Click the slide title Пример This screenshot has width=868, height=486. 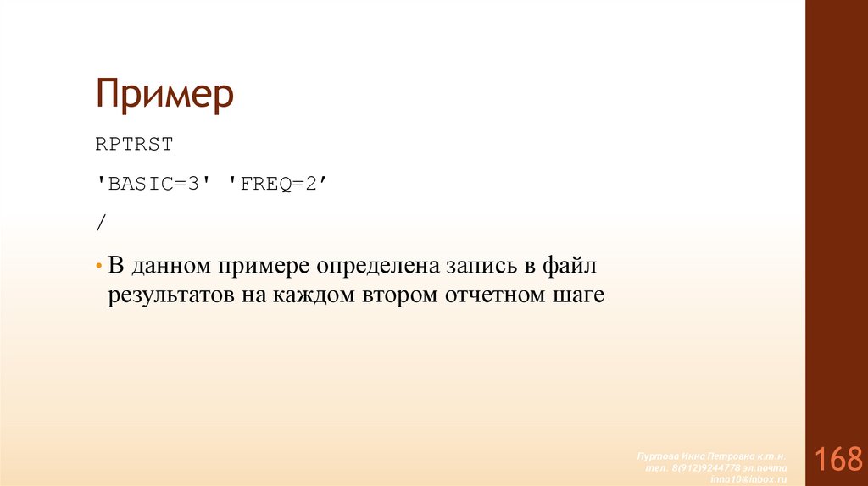click(164, 95)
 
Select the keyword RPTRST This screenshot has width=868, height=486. click(134, 145)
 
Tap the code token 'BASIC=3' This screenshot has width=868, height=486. click(152, 183)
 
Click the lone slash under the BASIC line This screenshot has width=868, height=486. click(102, 222)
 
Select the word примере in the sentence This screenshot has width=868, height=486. click(264, 268)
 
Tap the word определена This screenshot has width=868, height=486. click(376, 268)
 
